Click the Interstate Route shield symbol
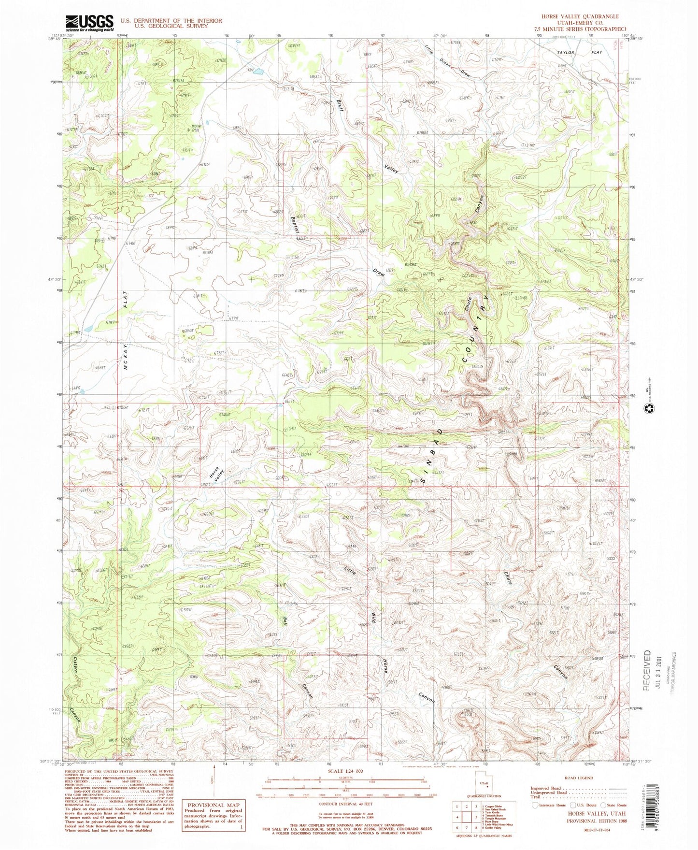click(x=535, y=805)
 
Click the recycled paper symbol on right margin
click(x=647, y=410)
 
